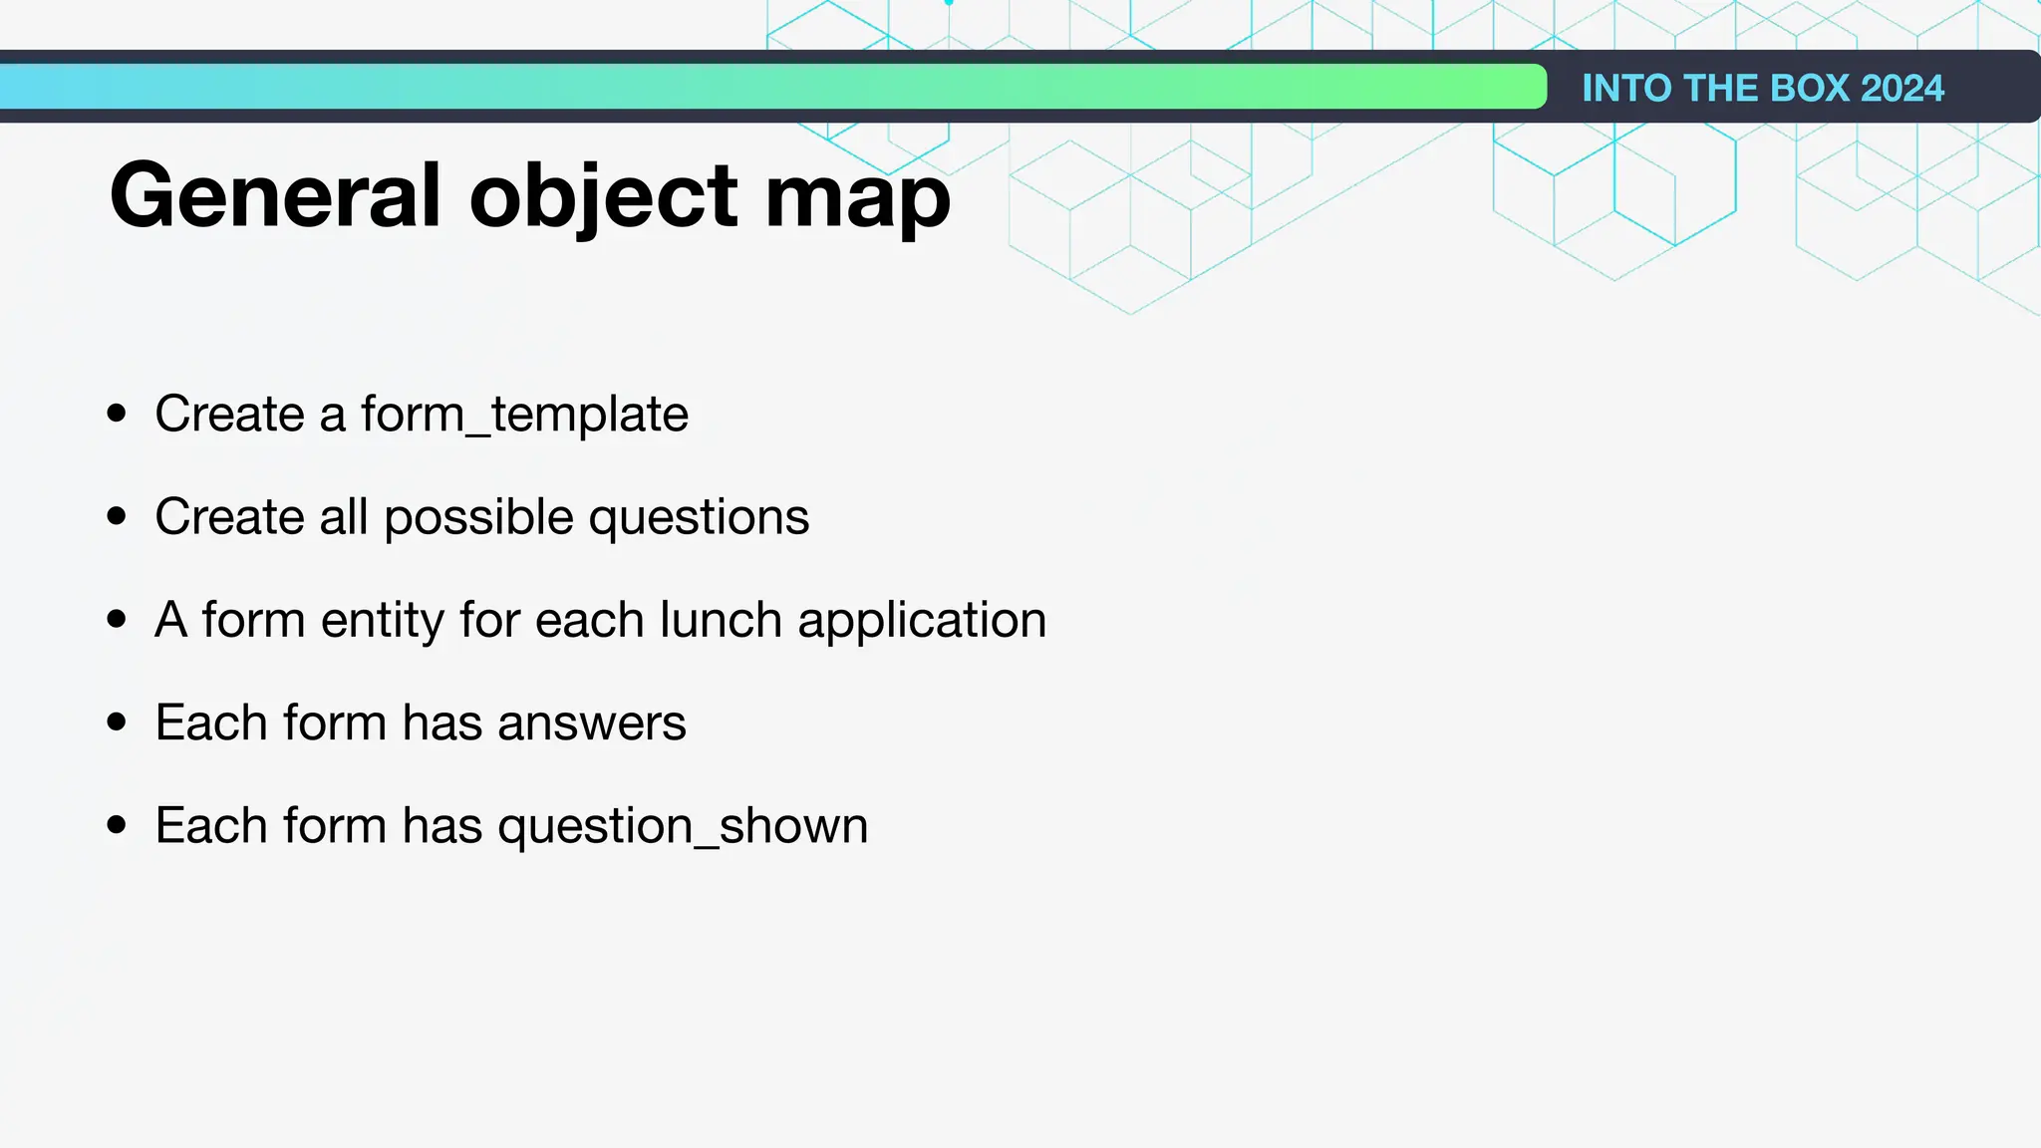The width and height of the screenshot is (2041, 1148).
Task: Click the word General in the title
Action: (275, 195)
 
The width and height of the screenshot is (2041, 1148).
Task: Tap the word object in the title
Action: (604, 197)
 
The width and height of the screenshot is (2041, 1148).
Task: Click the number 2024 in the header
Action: (1901, 88)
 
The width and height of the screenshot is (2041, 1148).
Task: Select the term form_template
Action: (524, 414)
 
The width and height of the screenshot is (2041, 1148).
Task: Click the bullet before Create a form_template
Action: (117, 414)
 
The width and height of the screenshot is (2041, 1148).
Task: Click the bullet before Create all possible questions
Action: (117, 516)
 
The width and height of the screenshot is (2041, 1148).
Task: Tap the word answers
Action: (591, 723)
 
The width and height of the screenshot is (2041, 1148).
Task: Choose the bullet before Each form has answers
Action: (117, 722)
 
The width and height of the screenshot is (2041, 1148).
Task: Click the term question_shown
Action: (683, 827)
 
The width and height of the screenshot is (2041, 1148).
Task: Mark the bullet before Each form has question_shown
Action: (117, 825)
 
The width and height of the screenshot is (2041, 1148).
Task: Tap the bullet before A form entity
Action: (117, 619)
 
